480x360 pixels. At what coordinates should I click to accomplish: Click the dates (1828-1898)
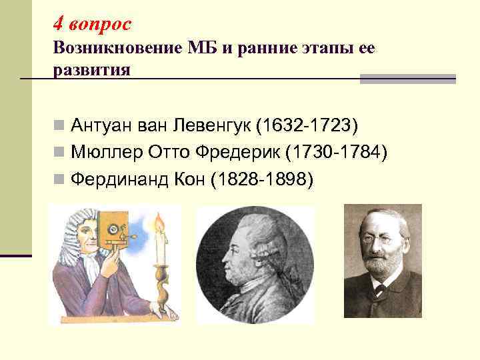[x=261, y=179]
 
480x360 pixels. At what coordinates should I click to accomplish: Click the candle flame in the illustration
[x=159, y=223]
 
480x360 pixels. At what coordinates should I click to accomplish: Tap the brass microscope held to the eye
[x=110, y=233]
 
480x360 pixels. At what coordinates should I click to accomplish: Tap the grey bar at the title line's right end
[x=407, y=79]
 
